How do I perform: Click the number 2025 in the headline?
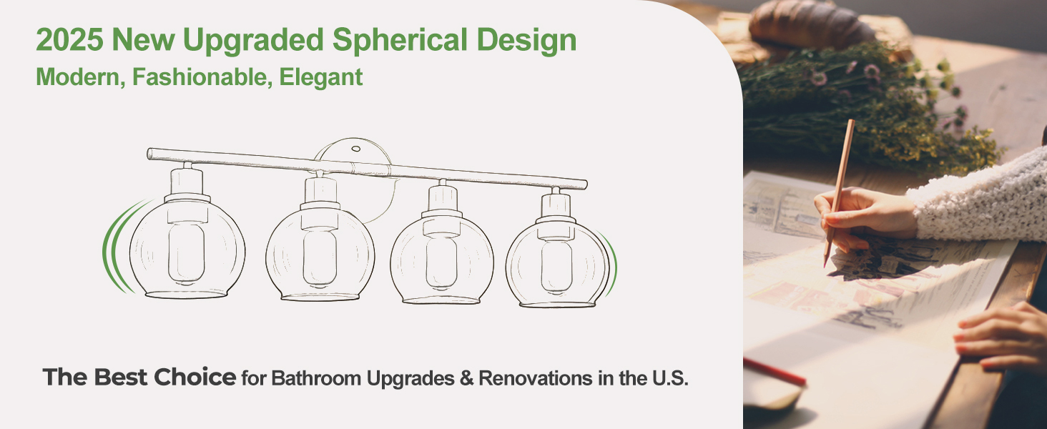pyautogui.click(x=69, y=40)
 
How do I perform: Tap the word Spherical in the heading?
pyautogui.click(x=400, y=40)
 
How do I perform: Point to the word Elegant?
pyautogui.click(x=321, y=77)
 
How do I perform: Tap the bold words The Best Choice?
pyautogui.click(x=139, y=377)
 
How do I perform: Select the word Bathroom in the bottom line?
pyautogui.click(x=316, y=378)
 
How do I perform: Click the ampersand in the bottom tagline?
pyautogui.click(x=466, y=378)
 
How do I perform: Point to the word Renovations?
pyautogui.click(x=536, y=378)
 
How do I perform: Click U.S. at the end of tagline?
pyautogui.click(x=670, y=378)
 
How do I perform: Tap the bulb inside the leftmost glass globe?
pyautogui.click(x=187, y=253)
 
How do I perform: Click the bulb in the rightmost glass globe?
pyautogui.click(x=556, y=267)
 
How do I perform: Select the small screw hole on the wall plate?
pyautogui.click(x=355, y=149)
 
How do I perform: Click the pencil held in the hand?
pyautogui.click(x=839, y=192)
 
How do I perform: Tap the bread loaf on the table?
pyautogui.click(x=812, y=24)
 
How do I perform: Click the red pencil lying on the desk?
pyautogui.click(x=775, y=372)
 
